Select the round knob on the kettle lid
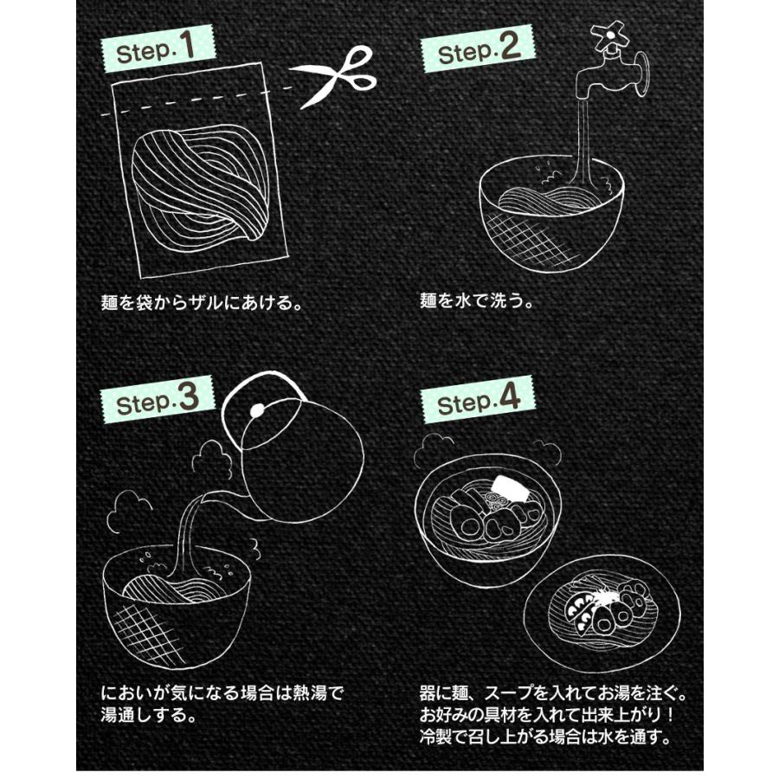(x=256, y=409)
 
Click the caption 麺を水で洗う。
(x=477, y=303)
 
